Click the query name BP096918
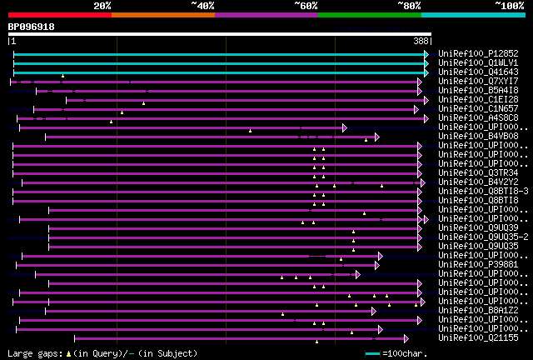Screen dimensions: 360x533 coord(32,27)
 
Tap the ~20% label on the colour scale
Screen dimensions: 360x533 coord(102,6)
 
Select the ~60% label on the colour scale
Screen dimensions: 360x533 coord(306,6)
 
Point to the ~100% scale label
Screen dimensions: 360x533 coord(509,6)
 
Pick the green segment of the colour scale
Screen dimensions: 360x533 coord(369,15)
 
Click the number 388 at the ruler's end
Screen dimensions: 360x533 coord(421,41)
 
